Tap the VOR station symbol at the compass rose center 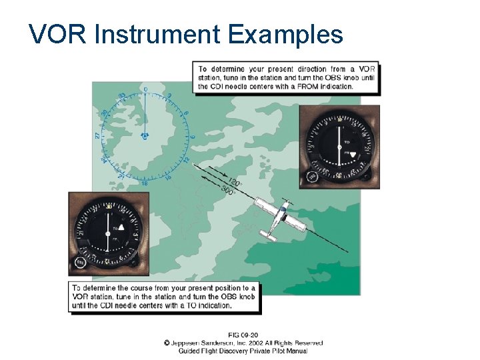(x=145, y=135)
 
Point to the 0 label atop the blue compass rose (x=145, y=89)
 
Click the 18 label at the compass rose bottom (x=145, y=183)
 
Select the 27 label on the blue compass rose (x=98, y=135)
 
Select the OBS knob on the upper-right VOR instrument (x=311, y=177)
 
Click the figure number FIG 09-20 (x=243, y=335)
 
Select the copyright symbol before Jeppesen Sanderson (x=167, y=343)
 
